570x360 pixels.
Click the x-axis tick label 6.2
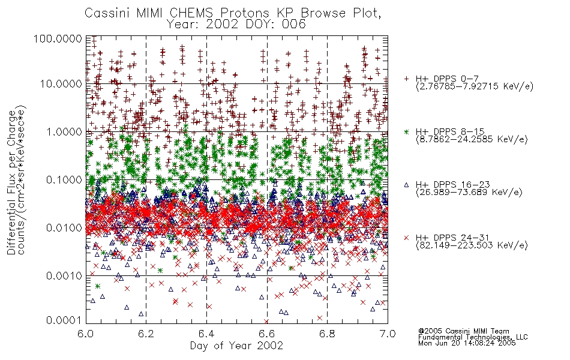pyautogui.click(x=146, y=334)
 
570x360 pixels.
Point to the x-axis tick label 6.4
pyautogui.click(x=206, y=334)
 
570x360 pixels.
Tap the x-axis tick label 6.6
pyautogui.click(x=267, y=334)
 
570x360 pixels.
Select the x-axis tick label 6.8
pyautogui.click(x=327, y=334)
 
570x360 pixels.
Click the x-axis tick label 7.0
pyautogui.click(x=388, y=334)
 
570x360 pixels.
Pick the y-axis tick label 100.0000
pyautogui.click(x=58, y=38)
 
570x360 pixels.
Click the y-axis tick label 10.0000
pyautogui.click(x=61, y=84)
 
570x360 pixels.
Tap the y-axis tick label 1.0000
pyautogui.click(x=64, y=131)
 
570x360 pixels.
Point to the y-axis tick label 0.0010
pyautogui.click(x=64, y=276)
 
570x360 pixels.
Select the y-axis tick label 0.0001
pyautogui.click(x=64, y=320)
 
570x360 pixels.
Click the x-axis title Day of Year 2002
pyautogui.click(x=236, y=346)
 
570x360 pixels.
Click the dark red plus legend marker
pyautogui.click(x=406, y=79)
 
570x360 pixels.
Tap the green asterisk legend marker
pyautogui.click(x=406, y=131)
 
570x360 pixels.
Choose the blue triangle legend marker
pyautogui.click(x=406, y=185)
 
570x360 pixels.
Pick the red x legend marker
pyautogui.click(x=406, y=238)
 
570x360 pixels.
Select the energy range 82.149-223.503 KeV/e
pyautogui.click(x=472, y=245)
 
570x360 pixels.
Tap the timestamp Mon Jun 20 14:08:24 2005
pyautogui.click(x=467, y=343)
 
